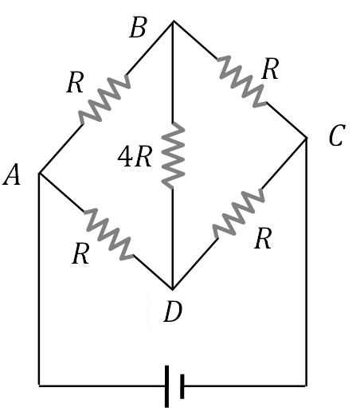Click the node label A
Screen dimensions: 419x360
[12, 176]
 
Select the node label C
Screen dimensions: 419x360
[335, 138]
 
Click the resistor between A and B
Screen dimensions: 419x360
[104, 100]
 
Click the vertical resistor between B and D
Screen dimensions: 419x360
[173, 155]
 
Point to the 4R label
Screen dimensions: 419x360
[134, 157]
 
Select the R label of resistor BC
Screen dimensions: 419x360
[270, 70]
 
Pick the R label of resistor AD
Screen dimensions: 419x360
[80, 254]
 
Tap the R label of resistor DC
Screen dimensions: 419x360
[263, 240]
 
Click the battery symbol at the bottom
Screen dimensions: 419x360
[174, 386]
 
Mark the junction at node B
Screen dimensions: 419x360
[173, 22]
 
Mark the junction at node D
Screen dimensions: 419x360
[173, 288]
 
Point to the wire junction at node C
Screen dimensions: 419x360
[307, 138]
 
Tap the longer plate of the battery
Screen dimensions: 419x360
[166, 386]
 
